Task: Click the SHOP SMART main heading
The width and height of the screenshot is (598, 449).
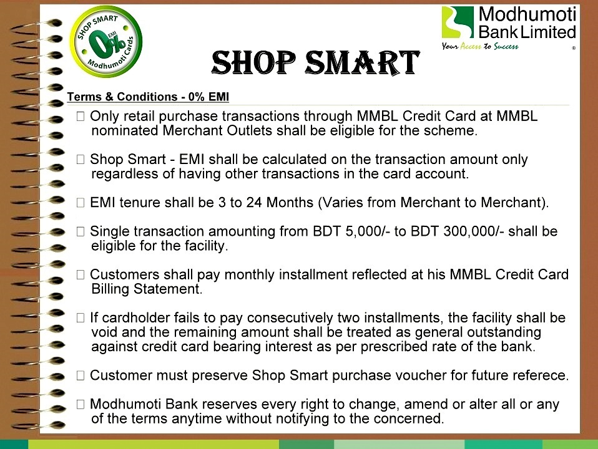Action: (316, 62)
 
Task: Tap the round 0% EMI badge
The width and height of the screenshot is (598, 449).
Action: (106, 42)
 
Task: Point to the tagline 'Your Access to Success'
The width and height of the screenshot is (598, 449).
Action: (480, 47)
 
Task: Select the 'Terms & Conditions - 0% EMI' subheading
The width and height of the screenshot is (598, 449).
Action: (148, 97)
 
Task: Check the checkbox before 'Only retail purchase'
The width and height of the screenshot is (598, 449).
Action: (81, 116)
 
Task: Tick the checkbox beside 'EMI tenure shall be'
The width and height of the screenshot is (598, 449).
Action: (81, 203)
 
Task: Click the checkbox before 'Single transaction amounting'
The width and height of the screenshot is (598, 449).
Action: (81, 231)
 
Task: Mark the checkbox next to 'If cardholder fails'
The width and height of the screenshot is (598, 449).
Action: (81, 318)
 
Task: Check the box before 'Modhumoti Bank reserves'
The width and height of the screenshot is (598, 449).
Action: (81, 404)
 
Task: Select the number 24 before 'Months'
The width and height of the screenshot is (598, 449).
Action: (254, 203)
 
